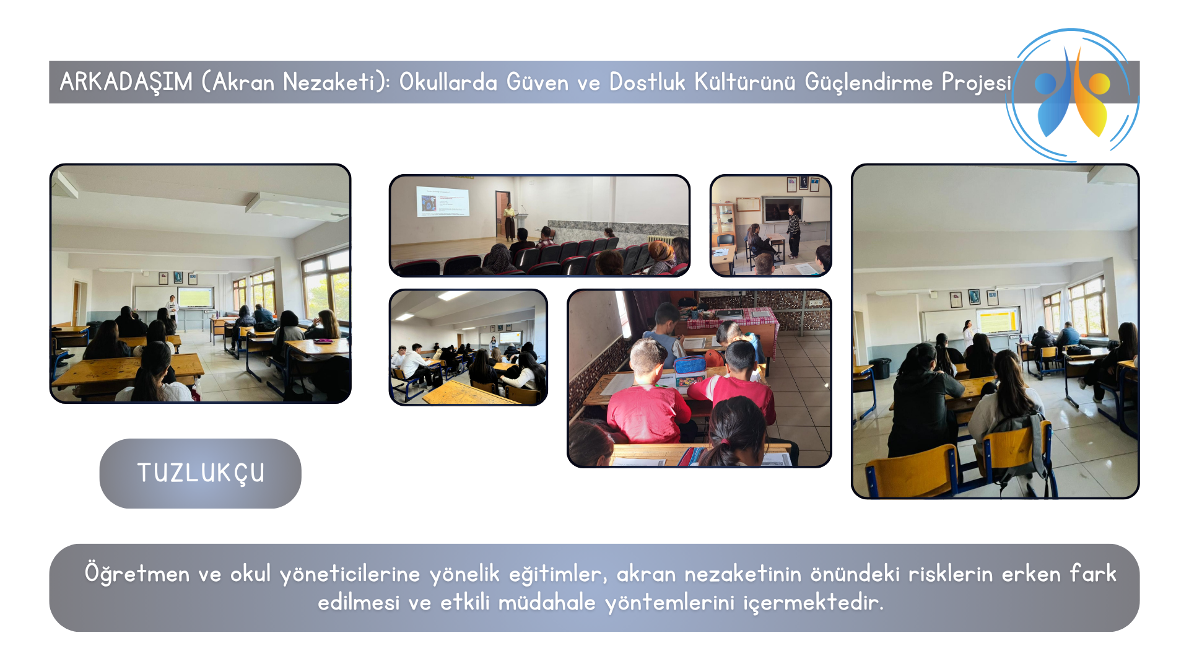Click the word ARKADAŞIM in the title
126,82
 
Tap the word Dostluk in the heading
647,82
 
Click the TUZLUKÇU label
201,473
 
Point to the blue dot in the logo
1046,84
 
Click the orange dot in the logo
1099,84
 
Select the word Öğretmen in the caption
137,573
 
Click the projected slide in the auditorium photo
442,201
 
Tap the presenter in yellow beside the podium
509,222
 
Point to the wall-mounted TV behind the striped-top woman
782,209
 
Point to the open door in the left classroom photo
76,304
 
